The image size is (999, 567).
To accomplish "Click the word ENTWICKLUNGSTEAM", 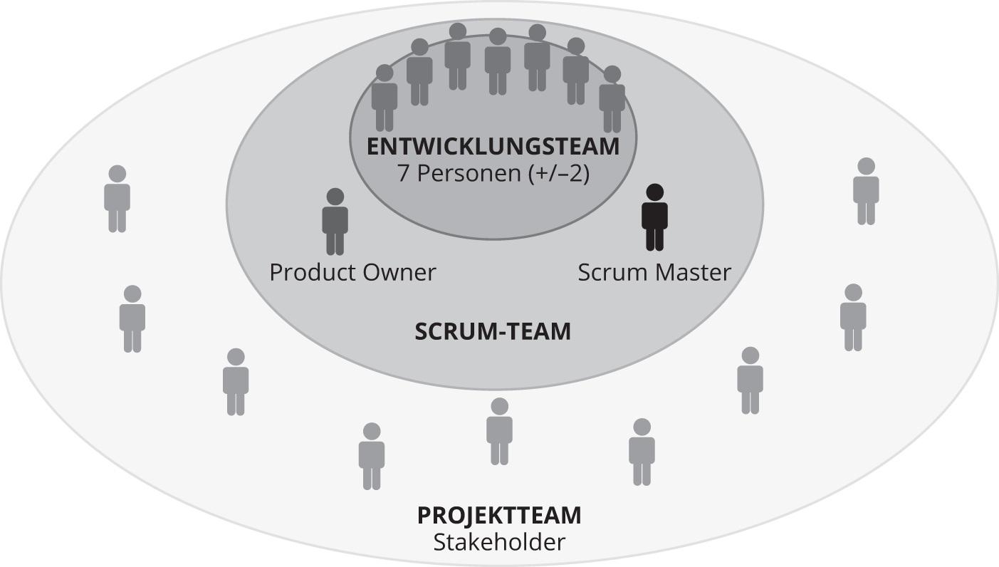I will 493,147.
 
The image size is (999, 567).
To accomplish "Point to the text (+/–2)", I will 560,174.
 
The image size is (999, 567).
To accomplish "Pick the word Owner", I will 401,272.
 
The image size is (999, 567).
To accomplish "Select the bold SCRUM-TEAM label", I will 493,331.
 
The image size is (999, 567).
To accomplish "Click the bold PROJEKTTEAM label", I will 499,515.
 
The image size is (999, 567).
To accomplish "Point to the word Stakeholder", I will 499,542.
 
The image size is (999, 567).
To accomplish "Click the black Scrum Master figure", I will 654,218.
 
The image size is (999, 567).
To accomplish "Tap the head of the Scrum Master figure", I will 654,192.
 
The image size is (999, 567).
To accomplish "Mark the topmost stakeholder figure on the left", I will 117,199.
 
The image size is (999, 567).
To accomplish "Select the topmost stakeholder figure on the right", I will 866,192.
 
